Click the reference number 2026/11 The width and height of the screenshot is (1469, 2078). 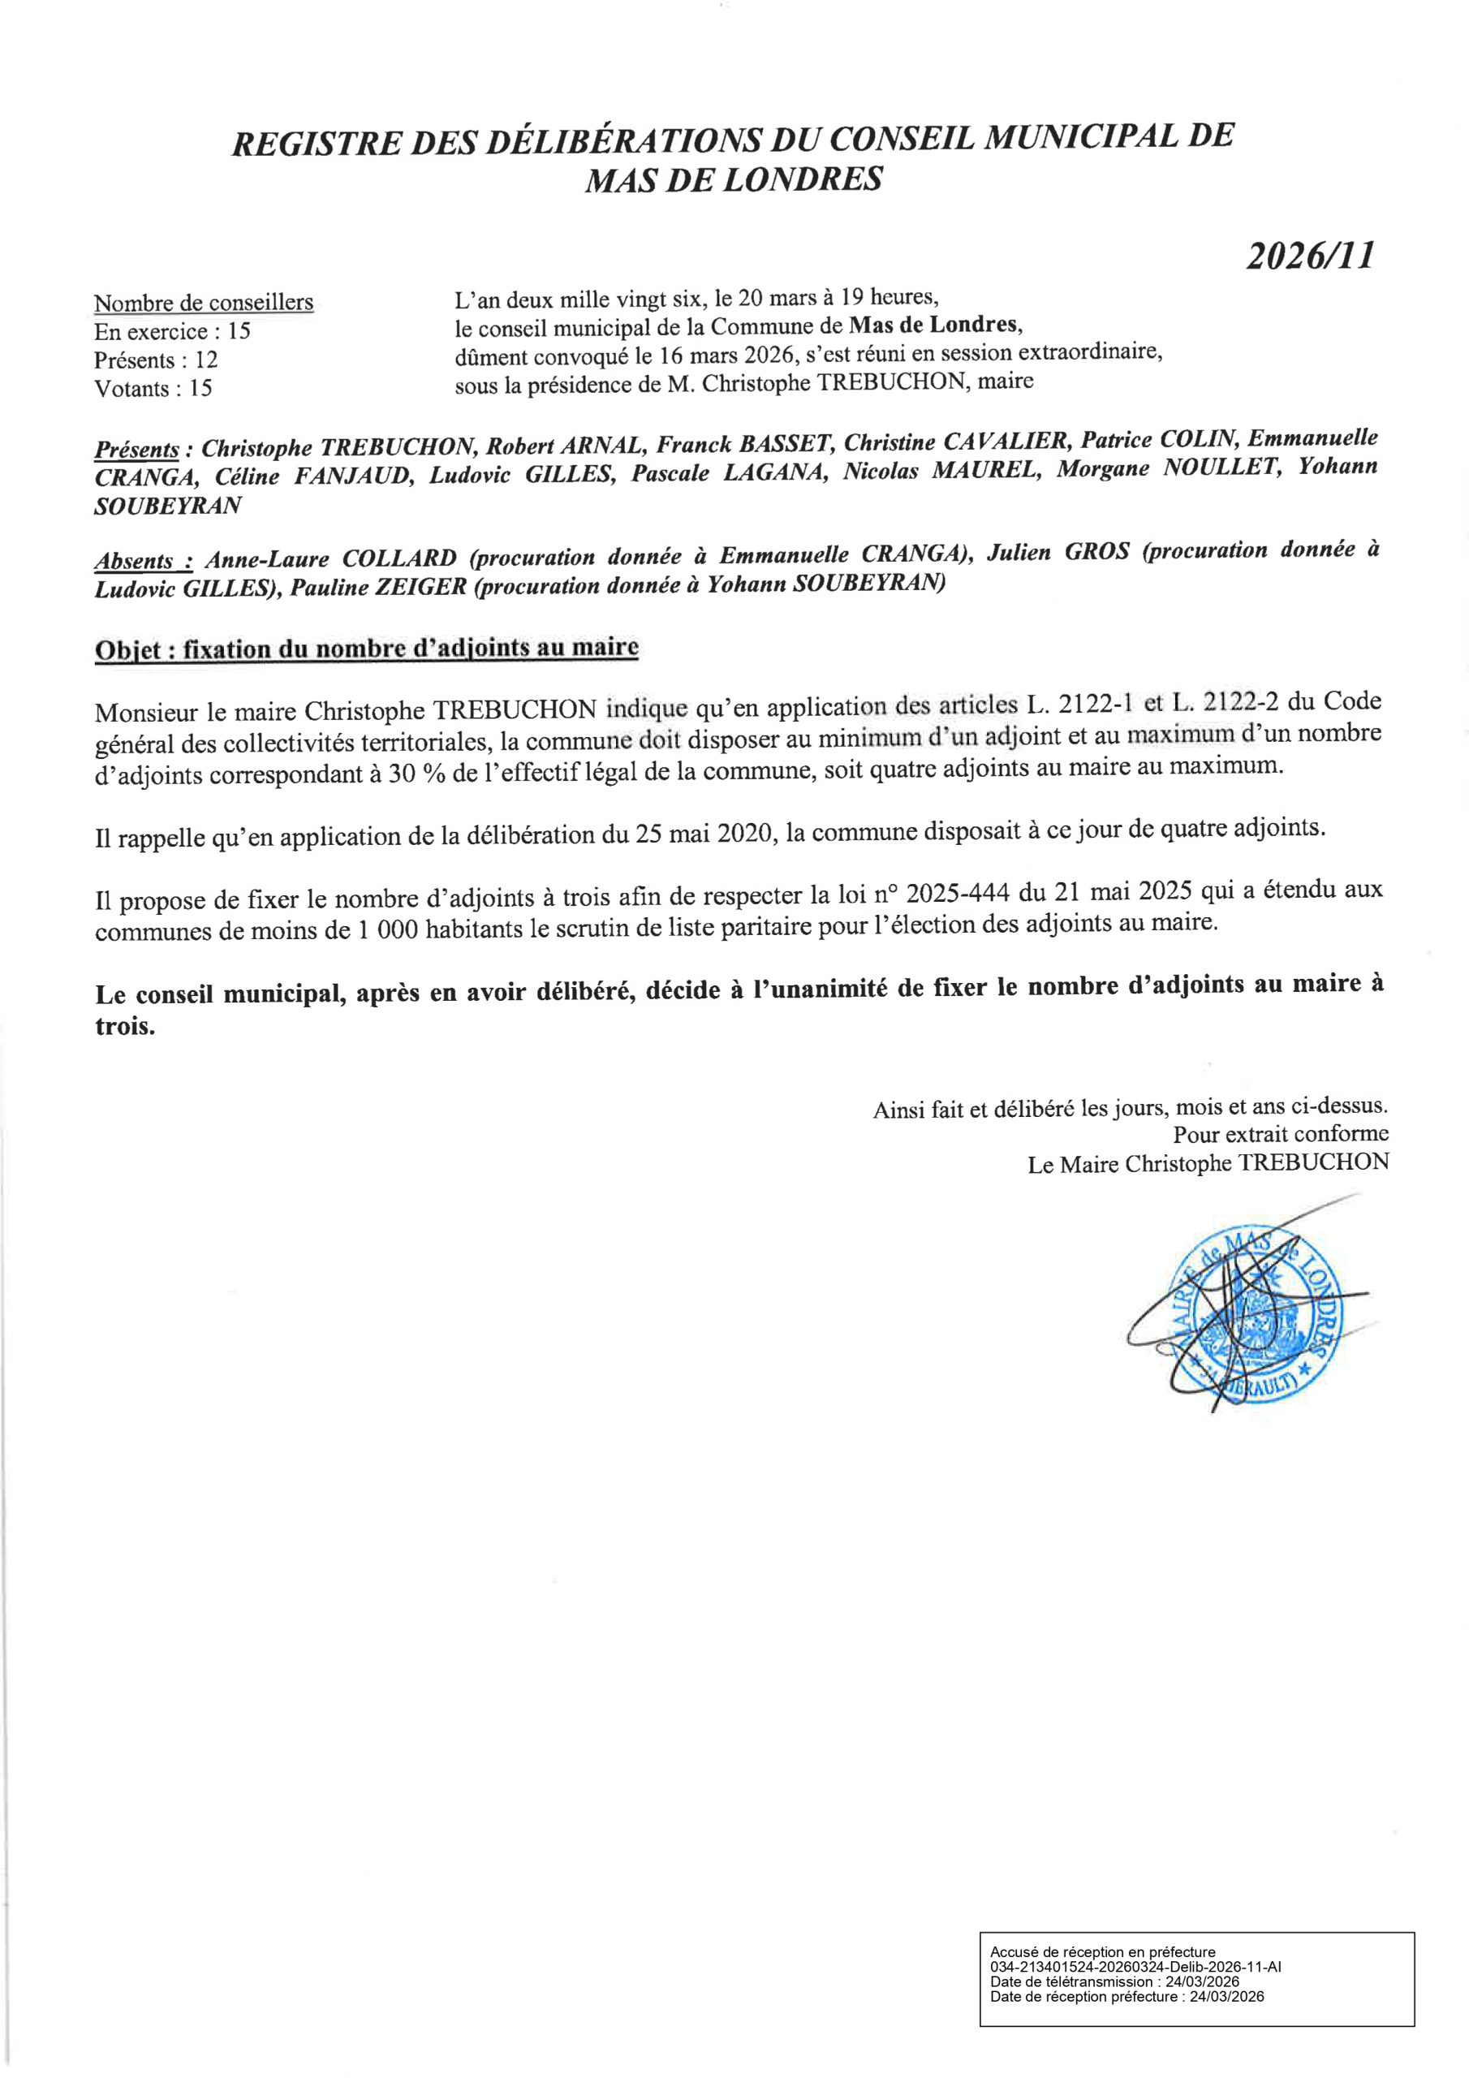coord(1309,257)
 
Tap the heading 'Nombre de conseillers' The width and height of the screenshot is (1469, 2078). coord(204,302)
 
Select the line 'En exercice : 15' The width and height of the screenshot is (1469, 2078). coord(172,331)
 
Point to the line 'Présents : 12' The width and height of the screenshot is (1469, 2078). coord(156,360)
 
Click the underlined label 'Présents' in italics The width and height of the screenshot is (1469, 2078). coord(136,450)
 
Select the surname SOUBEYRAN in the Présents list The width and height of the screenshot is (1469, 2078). coord(168,506)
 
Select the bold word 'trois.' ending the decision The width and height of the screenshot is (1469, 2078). coord(125,1028)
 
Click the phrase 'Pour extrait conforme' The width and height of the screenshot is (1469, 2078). coord(1280,1134)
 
